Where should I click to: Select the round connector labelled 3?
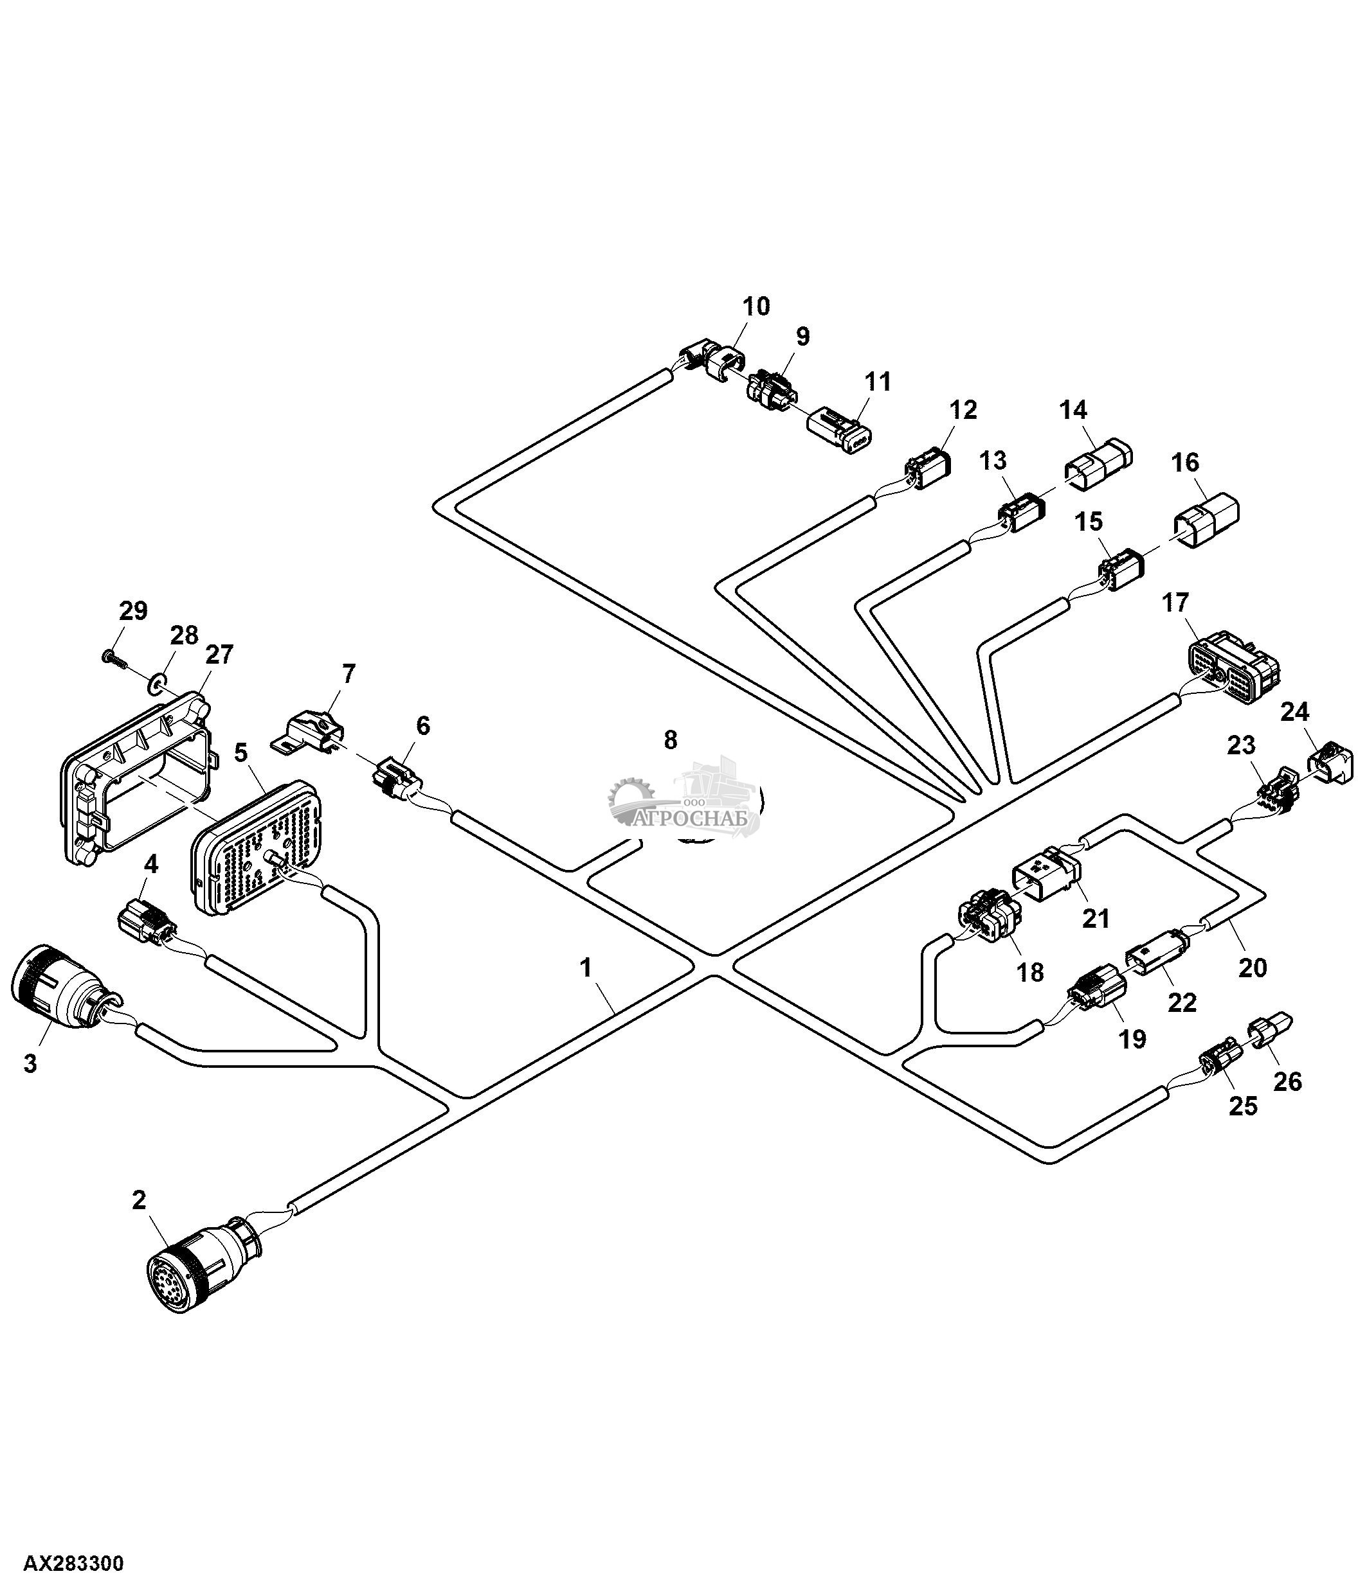[x=58, y=985]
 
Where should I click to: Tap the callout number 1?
[x=586, y=967]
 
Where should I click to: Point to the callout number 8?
[x=671, y=740]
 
